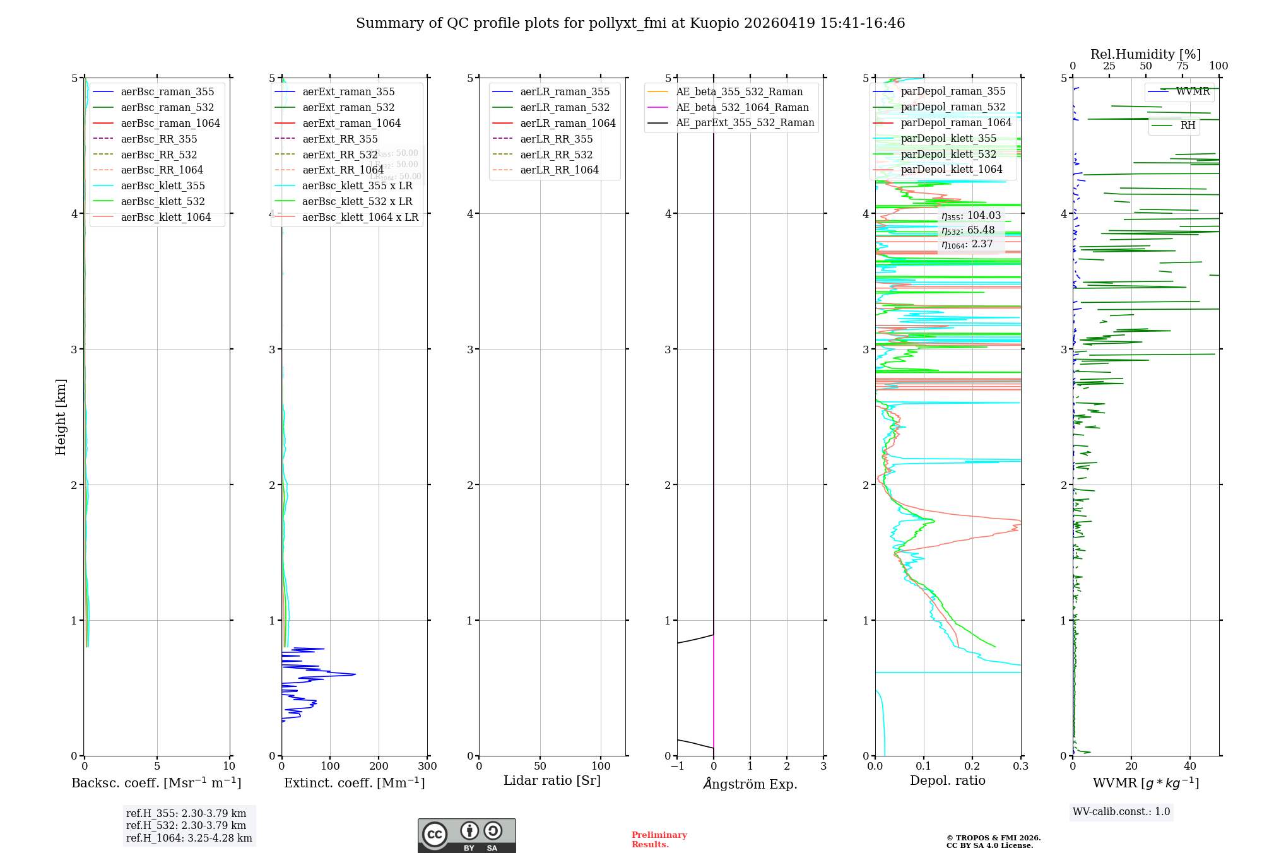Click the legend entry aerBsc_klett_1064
point(165,217)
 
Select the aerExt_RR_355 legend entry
point(339,139)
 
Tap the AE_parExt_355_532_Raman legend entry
point(745,123)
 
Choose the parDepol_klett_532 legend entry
point(948,154)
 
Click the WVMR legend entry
point(1192,91)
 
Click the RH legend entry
point(1188,126)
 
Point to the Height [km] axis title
point(61,417)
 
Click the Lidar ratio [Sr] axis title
point(552,780)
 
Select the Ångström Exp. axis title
point(750,784)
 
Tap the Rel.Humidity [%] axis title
point(1145,54)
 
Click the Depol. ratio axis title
point(947,780)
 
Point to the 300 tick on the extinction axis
point(427,767)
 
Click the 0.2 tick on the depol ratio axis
point(972,767)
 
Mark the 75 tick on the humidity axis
point(1182,66)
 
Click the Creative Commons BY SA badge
point(466,836)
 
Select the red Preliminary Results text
point(659,840)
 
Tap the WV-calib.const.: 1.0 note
point(1121,811)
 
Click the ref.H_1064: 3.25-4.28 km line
point(189,838)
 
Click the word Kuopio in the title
point(714,23)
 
